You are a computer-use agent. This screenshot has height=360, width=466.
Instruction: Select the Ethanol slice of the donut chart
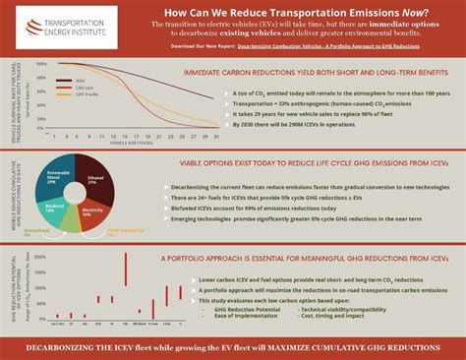click(93, 178)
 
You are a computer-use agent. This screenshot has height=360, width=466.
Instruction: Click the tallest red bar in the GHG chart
click(126, 269)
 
